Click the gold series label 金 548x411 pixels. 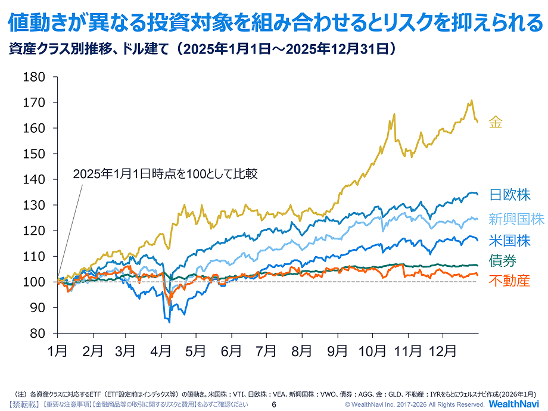496,123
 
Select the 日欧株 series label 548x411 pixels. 509,195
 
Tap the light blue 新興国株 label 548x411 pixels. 516,219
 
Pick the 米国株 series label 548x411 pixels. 509,241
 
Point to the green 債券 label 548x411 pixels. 502,261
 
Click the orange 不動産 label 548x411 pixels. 509,281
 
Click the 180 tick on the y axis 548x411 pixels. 34,77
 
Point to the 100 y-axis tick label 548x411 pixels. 34,282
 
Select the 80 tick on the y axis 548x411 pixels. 38,333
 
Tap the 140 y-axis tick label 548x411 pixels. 34,179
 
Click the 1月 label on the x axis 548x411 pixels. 57,351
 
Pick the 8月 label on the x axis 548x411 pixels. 302,351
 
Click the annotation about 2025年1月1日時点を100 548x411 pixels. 164,175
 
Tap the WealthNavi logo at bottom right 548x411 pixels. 515,404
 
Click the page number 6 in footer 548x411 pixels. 274,404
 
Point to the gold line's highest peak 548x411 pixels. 472,100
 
